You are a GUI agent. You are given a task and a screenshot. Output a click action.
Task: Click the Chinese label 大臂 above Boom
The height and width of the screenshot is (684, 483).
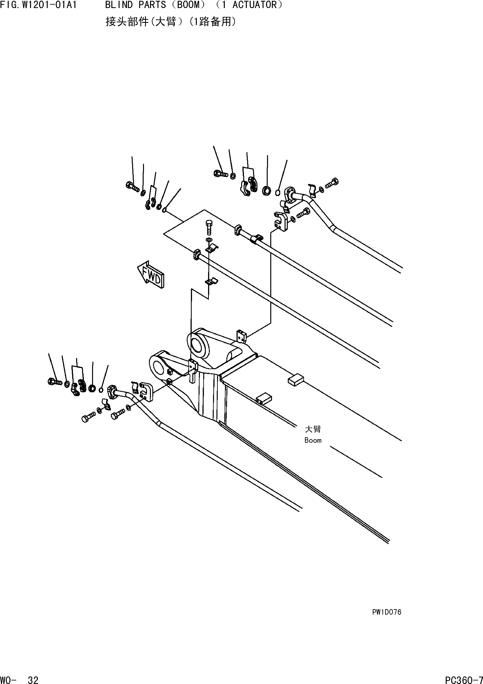(x=313, y=429)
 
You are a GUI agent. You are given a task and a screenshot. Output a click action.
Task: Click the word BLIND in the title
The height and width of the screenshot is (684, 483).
(x=119, y=5)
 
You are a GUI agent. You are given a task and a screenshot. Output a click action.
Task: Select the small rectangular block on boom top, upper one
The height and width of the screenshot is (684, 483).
(x=296, y=380)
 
